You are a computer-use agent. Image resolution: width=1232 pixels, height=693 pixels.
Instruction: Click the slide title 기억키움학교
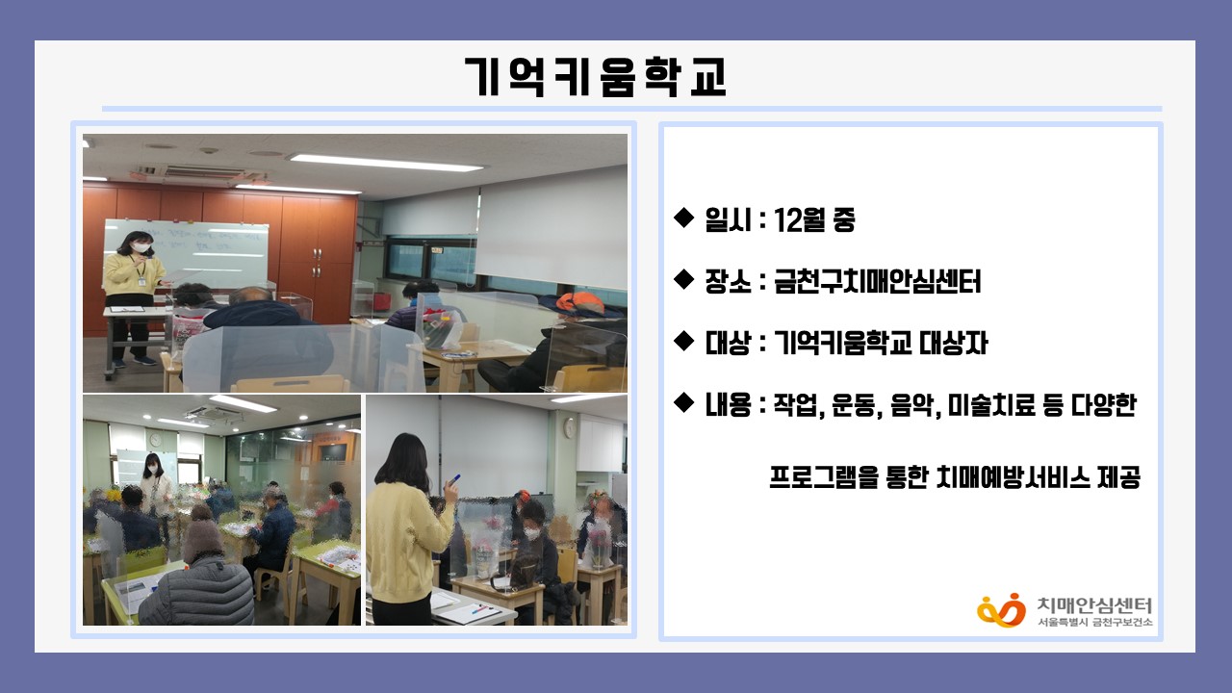(x=596, y=77)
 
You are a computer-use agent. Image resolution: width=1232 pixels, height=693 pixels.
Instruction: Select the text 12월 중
(x=814, y=220)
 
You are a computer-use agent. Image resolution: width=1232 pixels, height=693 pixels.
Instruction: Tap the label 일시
(x=727, y=220)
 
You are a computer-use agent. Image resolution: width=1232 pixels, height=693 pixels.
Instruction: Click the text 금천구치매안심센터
(x=877, y=282)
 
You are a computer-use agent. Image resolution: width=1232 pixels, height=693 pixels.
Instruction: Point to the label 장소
(x=728, y=282)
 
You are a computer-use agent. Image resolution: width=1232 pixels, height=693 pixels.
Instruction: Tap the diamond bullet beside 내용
(x=683, y=402)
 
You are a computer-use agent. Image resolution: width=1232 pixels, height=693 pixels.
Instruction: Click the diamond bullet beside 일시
(x=683, y=218)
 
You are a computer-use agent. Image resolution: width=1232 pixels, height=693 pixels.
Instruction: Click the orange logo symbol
(x=1001, y=609)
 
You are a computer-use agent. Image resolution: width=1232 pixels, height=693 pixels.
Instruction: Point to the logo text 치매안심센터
(x=1094, y=605)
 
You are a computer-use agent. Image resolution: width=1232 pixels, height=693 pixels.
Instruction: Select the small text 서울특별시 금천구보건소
(x=1094, y=622)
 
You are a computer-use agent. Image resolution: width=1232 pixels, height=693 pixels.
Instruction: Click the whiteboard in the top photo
(x=187, y=254)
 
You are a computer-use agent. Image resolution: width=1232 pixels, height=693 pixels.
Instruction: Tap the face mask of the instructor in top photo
(x=141, y=247)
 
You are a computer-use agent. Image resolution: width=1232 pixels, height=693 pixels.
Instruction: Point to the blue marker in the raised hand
(x=454, y=480)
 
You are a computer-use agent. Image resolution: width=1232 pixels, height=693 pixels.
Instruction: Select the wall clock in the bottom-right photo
(x=571, y=427)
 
